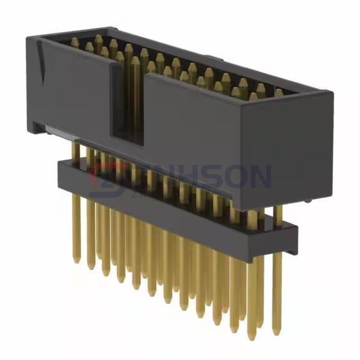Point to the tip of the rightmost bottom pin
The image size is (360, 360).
pos(276,333)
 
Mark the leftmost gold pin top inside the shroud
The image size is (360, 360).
pos(74,43)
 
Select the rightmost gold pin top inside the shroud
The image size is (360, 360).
pos(280,93)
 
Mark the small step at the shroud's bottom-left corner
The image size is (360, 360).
pos(37,126)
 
